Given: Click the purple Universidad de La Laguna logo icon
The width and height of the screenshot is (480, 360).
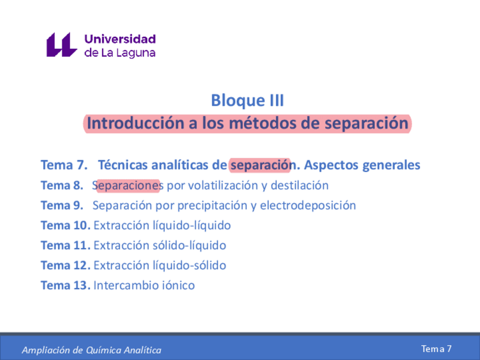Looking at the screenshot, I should click(x=61, y=45).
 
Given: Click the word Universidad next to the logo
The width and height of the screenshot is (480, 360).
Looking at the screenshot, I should click(x=120, y=39).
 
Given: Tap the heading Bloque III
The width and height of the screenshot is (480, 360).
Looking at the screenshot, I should click(x=247, y=101).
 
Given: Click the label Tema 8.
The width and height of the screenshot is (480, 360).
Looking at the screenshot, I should click(x=62, y=186).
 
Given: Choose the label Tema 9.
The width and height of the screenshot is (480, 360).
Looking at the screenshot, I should click(x=62, y=205).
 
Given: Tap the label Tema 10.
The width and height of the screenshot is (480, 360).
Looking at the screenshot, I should click(x=65, y=225).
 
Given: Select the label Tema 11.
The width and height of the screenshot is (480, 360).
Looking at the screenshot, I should click(x=65, y=246).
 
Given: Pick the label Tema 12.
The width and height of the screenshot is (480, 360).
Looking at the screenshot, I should click(x=65, y=265).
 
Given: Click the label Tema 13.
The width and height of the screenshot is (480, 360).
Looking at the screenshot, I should click(x=65, y=285).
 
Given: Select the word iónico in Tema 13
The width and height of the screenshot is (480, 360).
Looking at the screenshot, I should click(x=179, y=285).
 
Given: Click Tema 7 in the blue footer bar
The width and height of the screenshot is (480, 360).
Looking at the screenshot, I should click(x=436, y=349).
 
